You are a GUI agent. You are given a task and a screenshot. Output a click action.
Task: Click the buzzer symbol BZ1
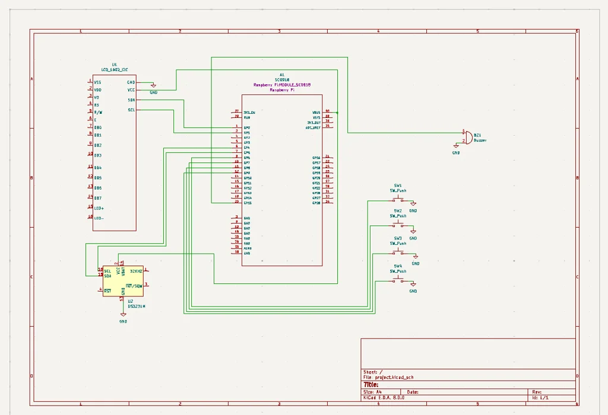point(468,137)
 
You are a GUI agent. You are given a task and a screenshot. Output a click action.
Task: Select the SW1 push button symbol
point(398,200)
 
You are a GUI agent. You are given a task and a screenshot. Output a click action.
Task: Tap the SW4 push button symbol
point(398,280)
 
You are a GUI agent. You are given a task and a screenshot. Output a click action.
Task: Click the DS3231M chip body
point(123,281)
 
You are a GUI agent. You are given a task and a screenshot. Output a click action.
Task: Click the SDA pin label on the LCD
point(131,100)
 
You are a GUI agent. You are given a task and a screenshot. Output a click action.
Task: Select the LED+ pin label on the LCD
point(99,208)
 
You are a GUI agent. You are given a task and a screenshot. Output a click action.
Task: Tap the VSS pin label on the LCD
point(97,82)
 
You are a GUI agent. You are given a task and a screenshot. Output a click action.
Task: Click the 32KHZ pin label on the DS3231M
point(136,270)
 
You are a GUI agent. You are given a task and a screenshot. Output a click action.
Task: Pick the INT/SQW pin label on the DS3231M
point(134,286)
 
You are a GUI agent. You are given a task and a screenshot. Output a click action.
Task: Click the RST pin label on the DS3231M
point(107,290)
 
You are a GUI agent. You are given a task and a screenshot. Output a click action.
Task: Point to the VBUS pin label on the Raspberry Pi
point(316,112)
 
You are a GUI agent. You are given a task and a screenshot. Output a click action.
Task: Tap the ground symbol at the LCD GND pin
point(153,86)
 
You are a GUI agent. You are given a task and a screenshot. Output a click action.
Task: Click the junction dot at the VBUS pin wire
point(337,112)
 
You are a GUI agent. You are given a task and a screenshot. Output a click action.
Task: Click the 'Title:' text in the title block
point(371,384)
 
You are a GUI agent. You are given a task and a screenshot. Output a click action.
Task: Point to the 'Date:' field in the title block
point(413,392)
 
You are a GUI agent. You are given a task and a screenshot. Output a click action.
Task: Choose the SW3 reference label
point(398,238)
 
